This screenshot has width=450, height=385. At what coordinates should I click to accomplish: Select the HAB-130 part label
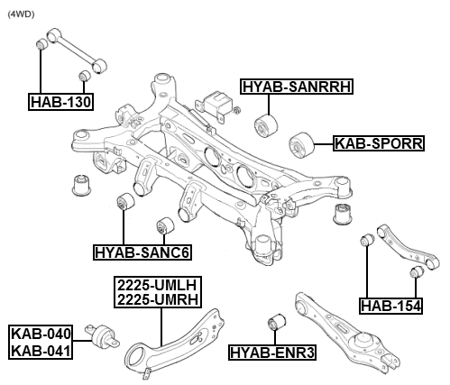point(60,101)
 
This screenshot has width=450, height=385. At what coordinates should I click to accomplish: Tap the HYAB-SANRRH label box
point(296,87)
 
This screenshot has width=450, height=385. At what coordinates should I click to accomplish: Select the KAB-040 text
point(41,335)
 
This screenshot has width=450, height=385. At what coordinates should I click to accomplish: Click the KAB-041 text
point(41,349)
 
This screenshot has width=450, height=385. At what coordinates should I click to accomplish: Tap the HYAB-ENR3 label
point(271,352)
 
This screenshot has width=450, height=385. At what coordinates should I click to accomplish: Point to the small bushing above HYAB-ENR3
point(278,321)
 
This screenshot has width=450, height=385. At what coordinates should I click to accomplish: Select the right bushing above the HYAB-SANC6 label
point(165,225)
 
